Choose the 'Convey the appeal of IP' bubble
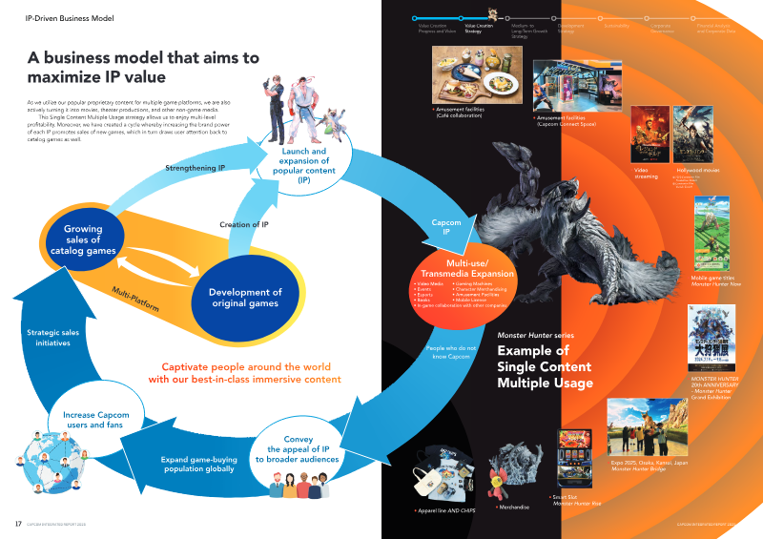pyautogui.click(x=298, y=451)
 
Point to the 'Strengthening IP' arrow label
pyautogui.click(x=196, y=168)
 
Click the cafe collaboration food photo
pyautogui.click(x=475, y=76)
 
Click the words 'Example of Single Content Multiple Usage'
pyautogui.click(x=544, y=366)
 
